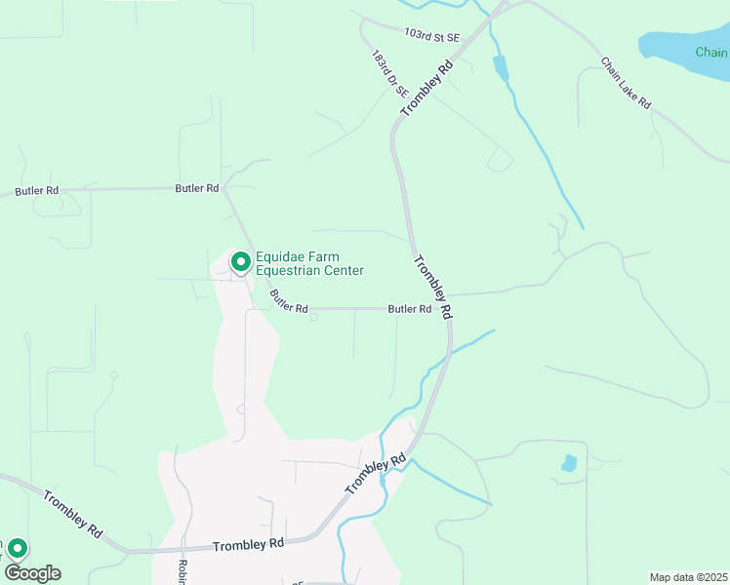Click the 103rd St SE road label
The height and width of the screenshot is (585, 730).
pyautogui.click(x=431, y=34)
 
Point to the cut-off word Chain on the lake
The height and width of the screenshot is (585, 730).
pyautogui.click(x=711, y=52)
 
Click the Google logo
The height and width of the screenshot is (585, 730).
pyautogui.click(x=32, y=573)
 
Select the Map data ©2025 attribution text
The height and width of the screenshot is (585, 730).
pyautogui.click(x=688, y=576)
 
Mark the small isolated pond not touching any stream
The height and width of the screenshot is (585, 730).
pyautogui.click(x=569, y=463)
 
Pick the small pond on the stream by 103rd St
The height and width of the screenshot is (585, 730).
pyautogui.click(x=501, y=68)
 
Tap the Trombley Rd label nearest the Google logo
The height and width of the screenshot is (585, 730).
pyautogui.click(x=72, y=514)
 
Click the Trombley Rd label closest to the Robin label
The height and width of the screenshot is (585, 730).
pyautogui.click(x=249, y=542)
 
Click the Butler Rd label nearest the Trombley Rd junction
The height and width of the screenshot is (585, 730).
pyautogui.click(x=410, y=309)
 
